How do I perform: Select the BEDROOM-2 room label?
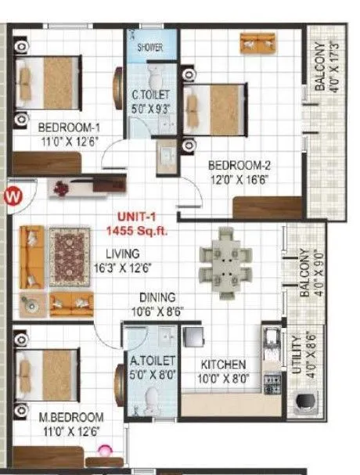coord(239,165)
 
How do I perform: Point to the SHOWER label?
coord(150,48)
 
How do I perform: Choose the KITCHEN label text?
coord(224,365)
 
